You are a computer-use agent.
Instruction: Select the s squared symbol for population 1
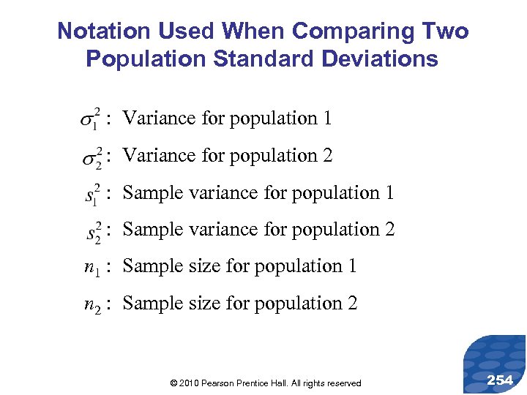pyautogui.click(x=92, y=194)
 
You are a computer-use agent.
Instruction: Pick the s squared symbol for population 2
pyautogui.click(x=93, y=231)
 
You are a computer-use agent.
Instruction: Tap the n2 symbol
pyautogui.click(x=91, y=305)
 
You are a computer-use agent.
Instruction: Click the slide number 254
pyautogui.click(x=500, y=380)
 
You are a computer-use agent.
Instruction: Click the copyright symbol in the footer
pyautogui.click(x=173, y=383)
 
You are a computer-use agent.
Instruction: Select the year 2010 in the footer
pyautogui.click(x=189, y=383)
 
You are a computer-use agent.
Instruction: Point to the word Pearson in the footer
pyautogui.click(x=218, y=383)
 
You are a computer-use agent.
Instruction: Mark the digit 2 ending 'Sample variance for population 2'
pyautogui.click(x=389, y=230)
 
